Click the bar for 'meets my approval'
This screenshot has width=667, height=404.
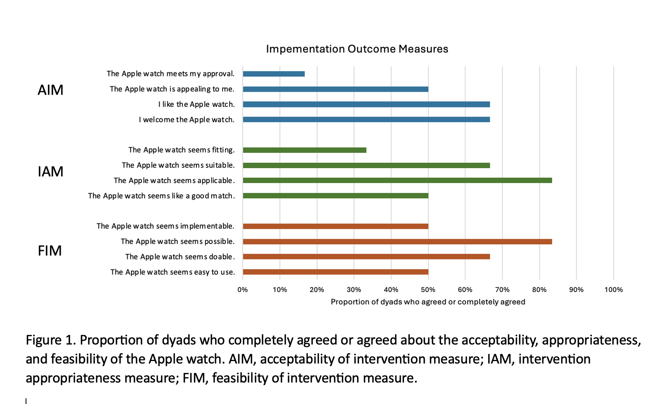click(x=274, y=74)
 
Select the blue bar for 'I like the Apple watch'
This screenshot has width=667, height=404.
click(x=366, y=105)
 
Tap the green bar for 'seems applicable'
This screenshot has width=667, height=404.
click(x=397, y=181)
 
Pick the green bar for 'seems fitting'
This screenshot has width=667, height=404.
click(x=305, y=150)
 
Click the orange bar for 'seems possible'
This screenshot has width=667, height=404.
click(x=397, y=242)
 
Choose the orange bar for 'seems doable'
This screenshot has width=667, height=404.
click(x=366, y=257)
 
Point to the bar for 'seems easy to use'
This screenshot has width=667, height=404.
click(x=335, y=272)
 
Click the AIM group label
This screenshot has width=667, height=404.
click(x=50, y=90)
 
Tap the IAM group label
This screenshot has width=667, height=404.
click(x=50, y=171)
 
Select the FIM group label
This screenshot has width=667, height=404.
click(x=50, y=251)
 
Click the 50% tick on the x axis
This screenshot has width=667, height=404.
click(x=428, y=290)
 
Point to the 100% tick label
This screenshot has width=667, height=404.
click(x=613, y=290)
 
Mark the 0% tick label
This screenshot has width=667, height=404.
click(x=243, y=290)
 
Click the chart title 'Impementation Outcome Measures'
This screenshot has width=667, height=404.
click(x=357, y=49)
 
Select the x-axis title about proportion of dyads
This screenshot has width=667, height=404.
click(x=428, y=302)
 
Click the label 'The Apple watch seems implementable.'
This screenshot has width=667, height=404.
click(x=166, y=226)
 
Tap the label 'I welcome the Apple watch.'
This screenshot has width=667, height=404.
click(x=187, y=120)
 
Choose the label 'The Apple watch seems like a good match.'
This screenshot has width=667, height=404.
click(x=161, y=196)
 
